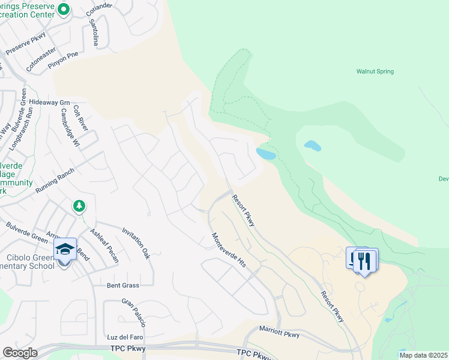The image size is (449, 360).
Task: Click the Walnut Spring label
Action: [375, 71]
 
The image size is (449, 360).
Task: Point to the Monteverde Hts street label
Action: [229, 250]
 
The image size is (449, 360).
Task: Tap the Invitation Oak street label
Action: [136, 242]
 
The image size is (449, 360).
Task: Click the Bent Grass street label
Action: [122, 285]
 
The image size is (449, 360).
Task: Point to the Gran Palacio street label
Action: [134, 313]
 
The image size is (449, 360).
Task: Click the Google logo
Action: [19, 353]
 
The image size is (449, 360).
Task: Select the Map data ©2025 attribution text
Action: [423, 355]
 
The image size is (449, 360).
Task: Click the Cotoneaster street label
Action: [42, 59]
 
